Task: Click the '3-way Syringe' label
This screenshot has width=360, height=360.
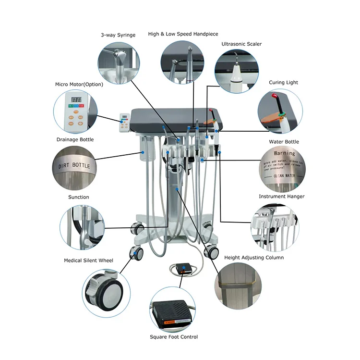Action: pyautogui.click(x=118, y=35)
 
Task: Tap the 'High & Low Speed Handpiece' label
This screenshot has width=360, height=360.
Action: pyautogui.click(x=183, y=34)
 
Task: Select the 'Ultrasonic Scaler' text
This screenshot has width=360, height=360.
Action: pyautogui.click(x=241, y=44)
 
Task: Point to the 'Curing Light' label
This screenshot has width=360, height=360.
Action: pyautogui.click(x=283, y=83)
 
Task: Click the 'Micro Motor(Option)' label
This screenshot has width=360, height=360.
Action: pyautogui.click(x=79, y=85)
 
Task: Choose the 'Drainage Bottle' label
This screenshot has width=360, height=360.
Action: pyautogui.click(x=74, y=140)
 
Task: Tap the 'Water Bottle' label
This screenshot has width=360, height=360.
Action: pyautogui.click(x=284, y=142)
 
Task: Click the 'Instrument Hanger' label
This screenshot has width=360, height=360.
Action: pyautogui.click(x=281, y=197)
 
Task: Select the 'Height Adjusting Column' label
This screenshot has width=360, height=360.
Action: pyautogui.click(x=254, y=258)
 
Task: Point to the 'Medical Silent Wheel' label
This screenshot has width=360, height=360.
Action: pyautogui.click(x=89, y=261)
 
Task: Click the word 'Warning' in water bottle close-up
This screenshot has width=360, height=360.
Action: pyautogui.click(x=284, y=153)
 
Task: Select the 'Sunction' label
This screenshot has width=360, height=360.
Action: pyautogui.click(x=78, y=197)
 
